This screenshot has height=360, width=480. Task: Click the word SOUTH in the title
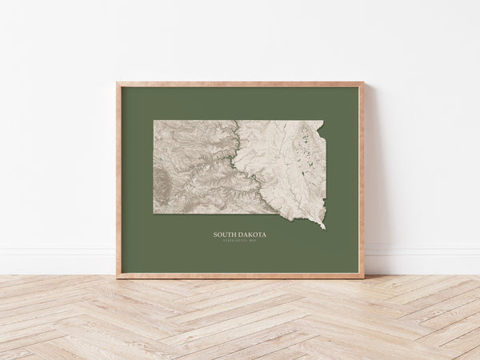coord(224,235)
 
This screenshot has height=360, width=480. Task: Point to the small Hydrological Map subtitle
coord(240,241)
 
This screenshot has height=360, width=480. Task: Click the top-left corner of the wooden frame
coord(118,82)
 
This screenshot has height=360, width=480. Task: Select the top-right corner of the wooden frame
coord(363,82)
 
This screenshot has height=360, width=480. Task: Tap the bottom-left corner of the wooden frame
coord(118,277)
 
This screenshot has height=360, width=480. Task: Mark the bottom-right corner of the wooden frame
coord(363,277)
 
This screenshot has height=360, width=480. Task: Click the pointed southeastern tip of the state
coord(324,228)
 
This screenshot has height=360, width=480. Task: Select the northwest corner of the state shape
coord(154,122)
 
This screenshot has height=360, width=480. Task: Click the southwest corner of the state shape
coord(154,213)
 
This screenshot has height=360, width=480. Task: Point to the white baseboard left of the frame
coord(56,260)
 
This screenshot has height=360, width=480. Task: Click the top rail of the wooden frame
coord(240,84)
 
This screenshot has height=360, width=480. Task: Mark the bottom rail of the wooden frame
coord(240,276)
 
